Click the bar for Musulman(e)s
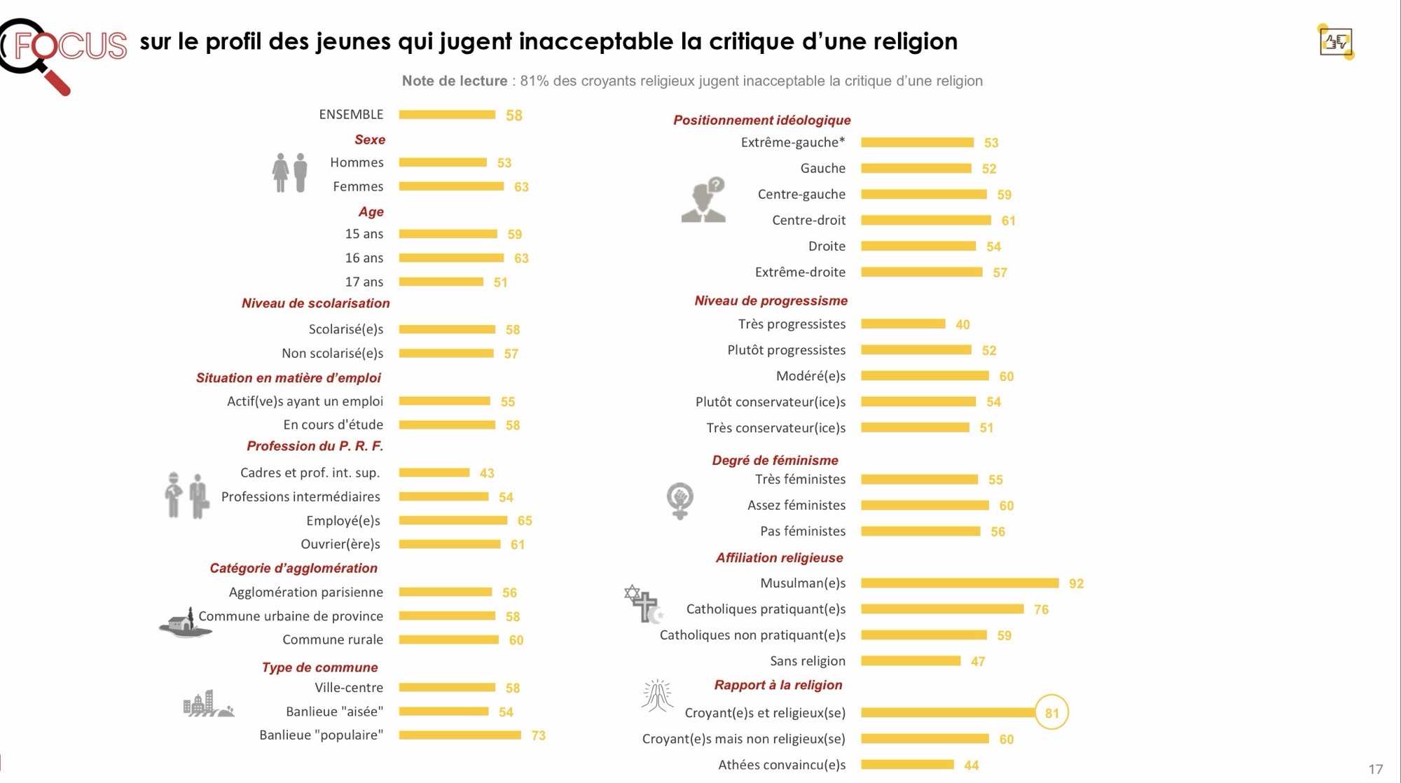[x=960, y=583]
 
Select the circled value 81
[x=1051, y=713]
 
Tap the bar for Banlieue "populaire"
[x=460, y=735]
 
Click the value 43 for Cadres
[x=487, y=473]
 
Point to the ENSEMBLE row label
[x=351, y=114]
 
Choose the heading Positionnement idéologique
[x=761, y=120]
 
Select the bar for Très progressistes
[x=903, y=324]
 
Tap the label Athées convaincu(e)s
[x=781, y=765]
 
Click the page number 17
[x=1375, y=769]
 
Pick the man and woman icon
[x=290, y=172]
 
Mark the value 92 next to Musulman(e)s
[x=1076, y=583]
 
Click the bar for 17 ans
[x=441, y=282]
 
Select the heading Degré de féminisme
[x=775, y=460]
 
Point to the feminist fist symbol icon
[x=679, y=500]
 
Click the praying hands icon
[x=657, y=695]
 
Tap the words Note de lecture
[x=454, y=81]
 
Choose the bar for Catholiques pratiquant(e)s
[x=942, y=609]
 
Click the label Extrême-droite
[x=800, y=272]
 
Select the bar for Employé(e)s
[x=453, y=520]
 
